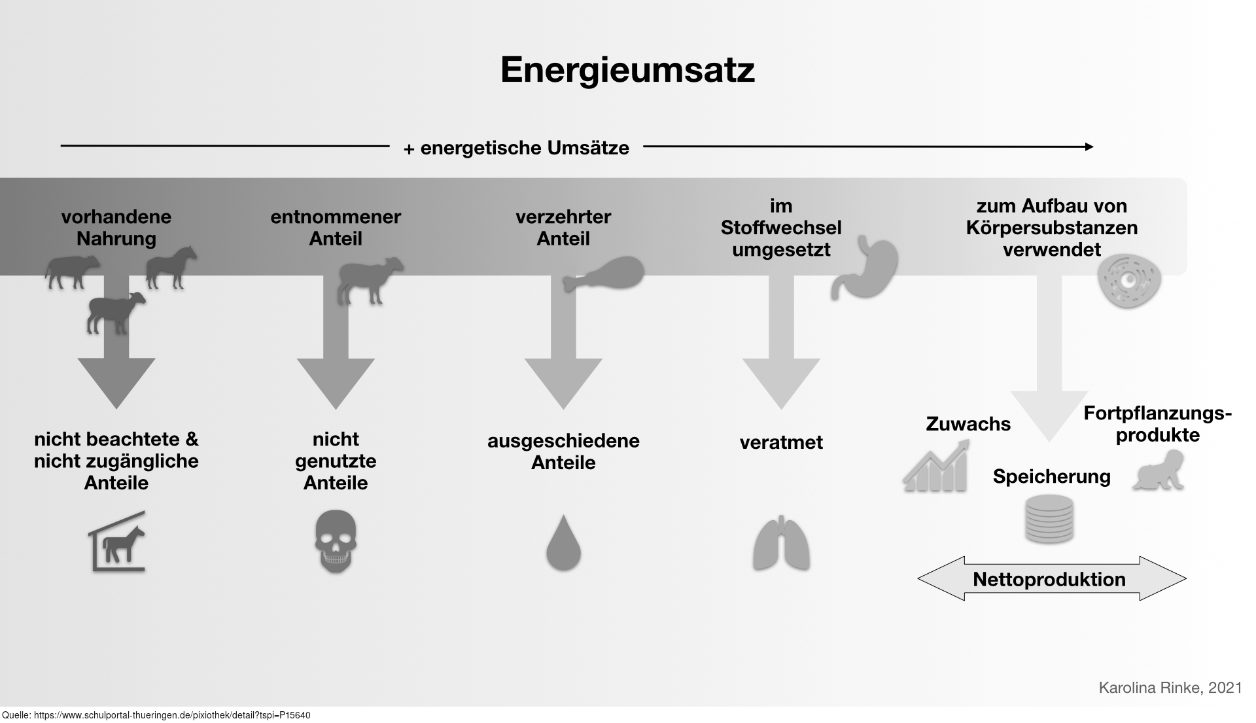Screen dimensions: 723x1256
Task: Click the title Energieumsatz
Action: (627, 70)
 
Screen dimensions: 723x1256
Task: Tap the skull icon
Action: (336, 542)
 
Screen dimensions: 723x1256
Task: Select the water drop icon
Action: (563, 542)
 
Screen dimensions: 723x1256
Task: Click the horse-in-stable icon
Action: (117, 542)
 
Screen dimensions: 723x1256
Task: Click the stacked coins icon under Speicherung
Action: (1049, 519)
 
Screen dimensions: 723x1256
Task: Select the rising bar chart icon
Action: (936, 466)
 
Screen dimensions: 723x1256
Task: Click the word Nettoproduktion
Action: (1049, 579)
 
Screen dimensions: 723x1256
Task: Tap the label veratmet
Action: (781, 442)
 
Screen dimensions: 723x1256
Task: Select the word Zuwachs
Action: (968, 424)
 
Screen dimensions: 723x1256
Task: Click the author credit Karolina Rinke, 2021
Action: (1170, 688)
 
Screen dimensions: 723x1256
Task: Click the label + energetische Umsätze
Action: (516, 148)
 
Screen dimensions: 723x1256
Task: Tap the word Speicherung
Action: (1051, 476)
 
